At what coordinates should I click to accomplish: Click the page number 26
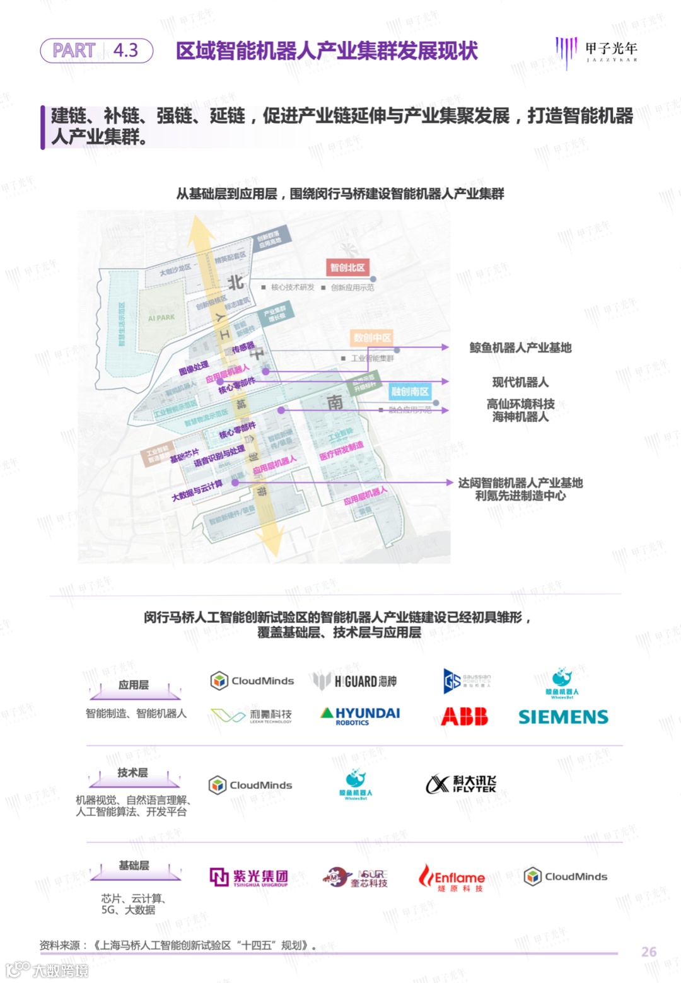coord(649,951)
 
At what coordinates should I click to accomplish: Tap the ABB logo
coord(465,716)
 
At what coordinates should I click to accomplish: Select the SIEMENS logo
coord(563,717)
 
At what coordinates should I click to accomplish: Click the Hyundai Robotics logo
coord(361,716)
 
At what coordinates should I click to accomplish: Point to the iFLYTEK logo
coord(461,784)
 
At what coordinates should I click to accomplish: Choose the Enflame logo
coord(452,877)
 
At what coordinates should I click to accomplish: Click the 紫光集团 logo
coord(249,877)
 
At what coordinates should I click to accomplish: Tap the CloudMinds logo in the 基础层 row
coord(566,876)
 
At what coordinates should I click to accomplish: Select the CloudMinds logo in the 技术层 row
coord(250,785)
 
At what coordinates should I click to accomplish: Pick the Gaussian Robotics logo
coord(467,681)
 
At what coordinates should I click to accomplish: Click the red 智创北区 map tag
coord(347,267)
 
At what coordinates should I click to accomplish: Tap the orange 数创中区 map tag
coord(372,337)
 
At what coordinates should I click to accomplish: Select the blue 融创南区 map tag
coord(410,392)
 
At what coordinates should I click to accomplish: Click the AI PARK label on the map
coord(161,318)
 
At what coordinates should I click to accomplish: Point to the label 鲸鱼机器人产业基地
coord(520,347)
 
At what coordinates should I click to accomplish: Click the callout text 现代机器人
coord(520,382)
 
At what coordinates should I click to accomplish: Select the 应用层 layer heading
coord(134,685)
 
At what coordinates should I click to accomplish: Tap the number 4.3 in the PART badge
coord(125,50)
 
